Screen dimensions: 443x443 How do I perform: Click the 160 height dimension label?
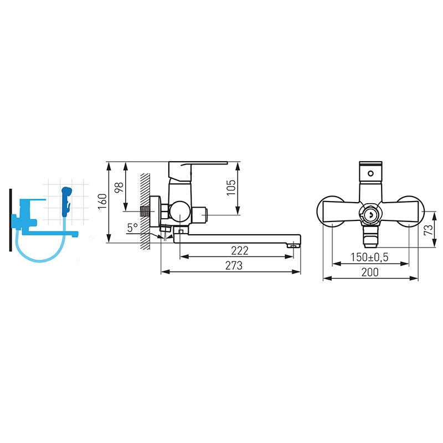pos(102,202)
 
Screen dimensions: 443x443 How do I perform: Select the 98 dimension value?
pos(119,187)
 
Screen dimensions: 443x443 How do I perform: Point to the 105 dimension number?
pos(231,187)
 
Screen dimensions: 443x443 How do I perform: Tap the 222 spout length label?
pos(240,251)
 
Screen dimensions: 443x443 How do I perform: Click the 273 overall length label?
pos(234,266)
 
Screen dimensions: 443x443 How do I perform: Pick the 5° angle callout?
pos(132,228)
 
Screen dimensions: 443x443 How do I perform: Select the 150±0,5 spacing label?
pos(369,257)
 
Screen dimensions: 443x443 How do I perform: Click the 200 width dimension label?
pos(370,272)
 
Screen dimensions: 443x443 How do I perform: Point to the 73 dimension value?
pos(429,230)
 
